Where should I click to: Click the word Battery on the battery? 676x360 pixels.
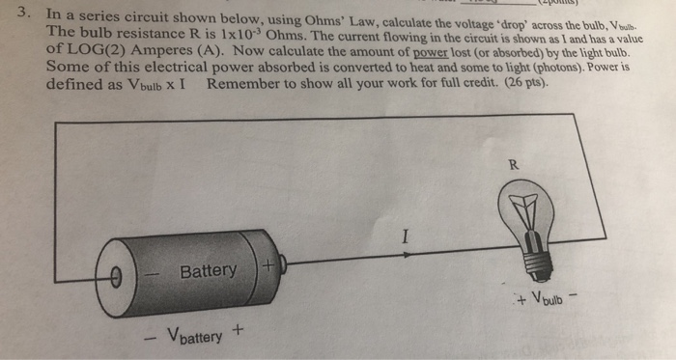pyautogui.click(x=208, y=271)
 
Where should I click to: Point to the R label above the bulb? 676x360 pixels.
pyautogui.click(x=514, y=166)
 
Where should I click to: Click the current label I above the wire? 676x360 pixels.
pyautogui.click(x=407, y=235)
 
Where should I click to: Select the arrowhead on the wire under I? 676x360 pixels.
pyautogui.click(x=406, y=255)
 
